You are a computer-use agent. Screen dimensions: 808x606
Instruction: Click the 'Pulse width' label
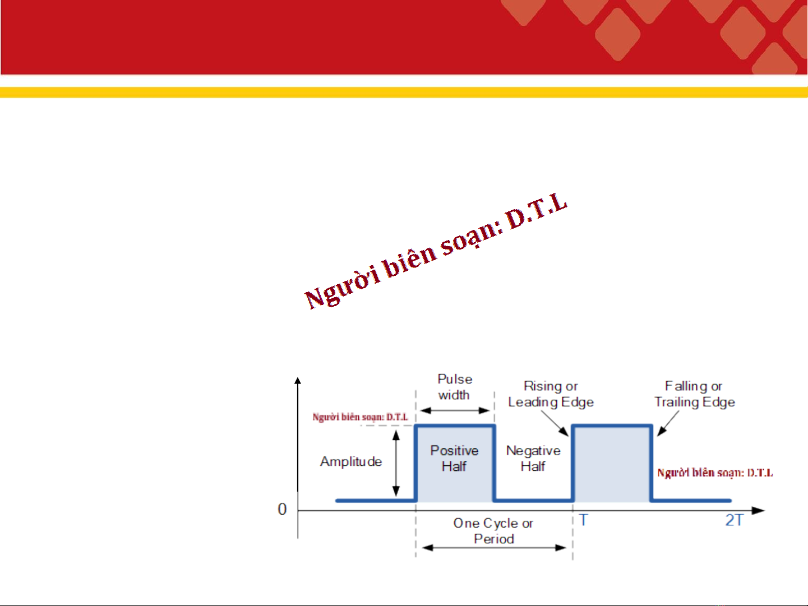coord(455,387)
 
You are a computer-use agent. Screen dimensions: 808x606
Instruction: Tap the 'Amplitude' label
coord(351,461)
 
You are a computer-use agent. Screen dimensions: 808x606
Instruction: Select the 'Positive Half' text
coord(454,459)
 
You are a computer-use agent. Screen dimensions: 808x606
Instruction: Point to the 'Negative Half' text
coord(533,459)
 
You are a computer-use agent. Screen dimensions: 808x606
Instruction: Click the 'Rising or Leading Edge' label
coord(551,394)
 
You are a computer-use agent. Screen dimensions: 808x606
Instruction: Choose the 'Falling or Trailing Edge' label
coord(694,394)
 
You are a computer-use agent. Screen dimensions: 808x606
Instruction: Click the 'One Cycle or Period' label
coord(493,531)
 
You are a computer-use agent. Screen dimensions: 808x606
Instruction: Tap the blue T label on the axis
coord(584,520)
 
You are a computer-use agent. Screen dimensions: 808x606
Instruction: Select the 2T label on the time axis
coord(735,520)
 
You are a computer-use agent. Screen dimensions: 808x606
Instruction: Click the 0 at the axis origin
coord(282,510)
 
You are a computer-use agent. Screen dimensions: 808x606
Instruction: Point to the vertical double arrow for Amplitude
coord(396,463)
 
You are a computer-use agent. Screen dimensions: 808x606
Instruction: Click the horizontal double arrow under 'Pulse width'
coord(455,410)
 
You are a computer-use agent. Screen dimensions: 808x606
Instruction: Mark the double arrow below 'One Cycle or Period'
coord(494,548)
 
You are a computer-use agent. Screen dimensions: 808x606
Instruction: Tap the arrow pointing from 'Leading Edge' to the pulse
coord(555,423)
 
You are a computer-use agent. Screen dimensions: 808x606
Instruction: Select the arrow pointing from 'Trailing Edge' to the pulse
coord(668,423)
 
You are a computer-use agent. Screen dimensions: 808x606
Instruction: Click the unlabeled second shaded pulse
coord(612,464)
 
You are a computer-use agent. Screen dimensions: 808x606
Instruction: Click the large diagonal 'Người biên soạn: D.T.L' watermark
coord(436,251)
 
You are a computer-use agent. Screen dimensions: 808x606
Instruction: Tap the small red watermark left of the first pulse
coord(360,417)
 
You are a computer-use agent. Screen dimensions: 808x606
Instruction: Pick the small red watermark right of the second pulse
coord(715,473)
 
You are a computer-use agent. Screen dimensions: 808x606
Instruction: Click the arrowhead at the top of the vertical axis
coord(298,381)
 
